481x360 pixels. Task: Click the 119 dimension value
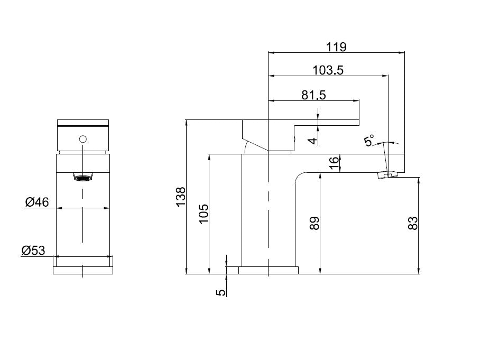tap(336, 47)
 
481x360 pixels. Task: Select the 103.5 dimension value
tap(328, 70)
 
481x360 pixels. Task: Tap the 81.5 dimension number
tap(313, 95)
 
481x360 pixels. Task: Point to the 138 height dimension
tap(181, 197)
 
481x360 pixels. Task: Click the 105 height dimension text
tap(203, 214)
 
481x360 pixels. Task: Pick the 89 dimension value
tap(314, 223)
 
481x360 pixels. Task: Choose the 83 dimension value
tap(413, 223)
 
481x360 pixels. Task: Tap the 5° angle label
tap(369, 140)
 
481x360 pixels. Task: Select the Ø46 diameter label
tap(37, 202)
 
